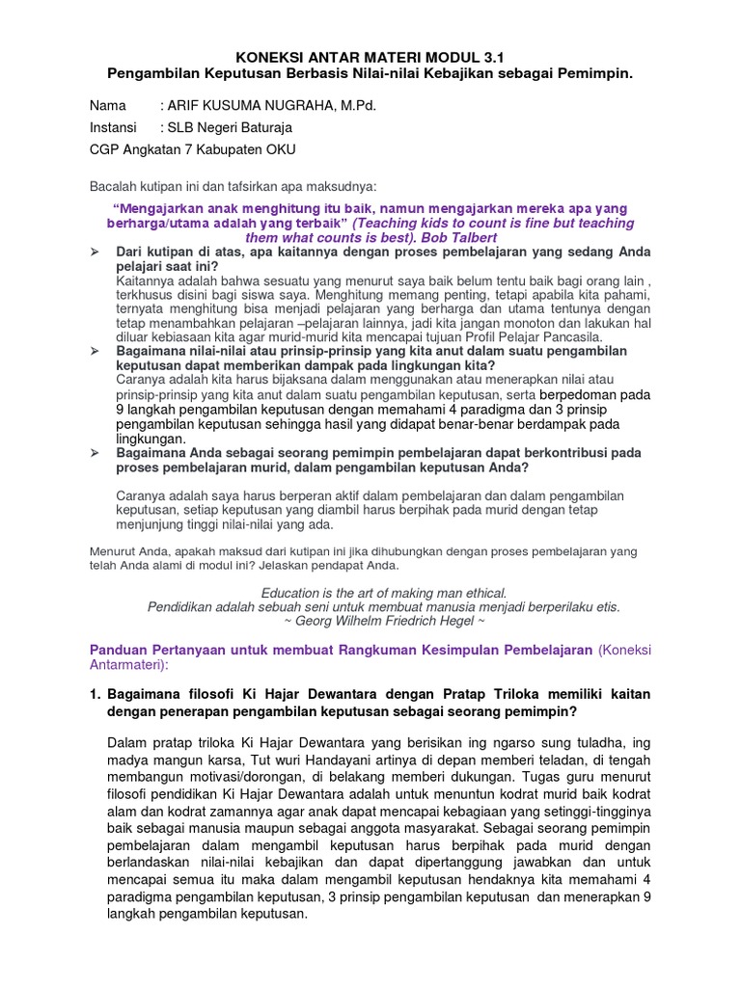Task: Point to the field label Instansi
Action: (114, 127)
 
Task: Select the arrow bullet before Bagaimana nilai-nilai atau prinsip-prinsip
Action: (96, 352)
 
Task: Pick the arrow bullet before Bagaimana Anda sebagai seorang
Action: (96, 452)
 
